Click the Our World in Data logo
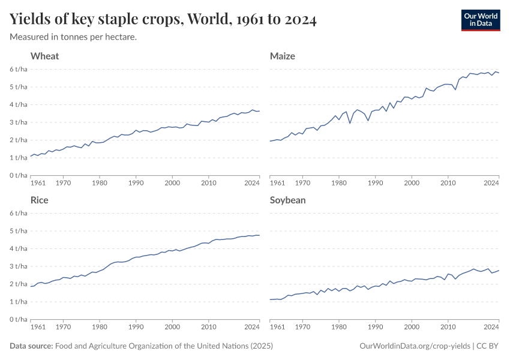pyautogui.click(x=480, y=19)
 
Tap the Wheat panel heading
pyautogui.click(x=45, y=56)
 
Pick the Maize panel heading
pyautogui.click(x=283, y=56)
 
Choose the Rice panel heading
pyautogui.click(x=40, y=200)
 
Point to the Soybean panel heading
pyautogui.click(x=288, y=200)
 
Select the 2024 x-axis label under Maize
pyautogui.click(x=491, y=183)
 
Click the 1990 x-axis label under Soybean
pyautogui.click(x=376, y=327)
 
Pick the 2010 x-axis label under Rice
pyautogui.click(x=208, y=327)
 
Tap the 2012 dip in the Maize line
pyautogui.click(x=455, y=90)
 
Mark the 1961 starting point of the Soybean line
pyautogui.click(x=271, y=299)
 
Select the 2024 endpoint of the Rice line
pyautogui.click(x=259, y=235)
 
